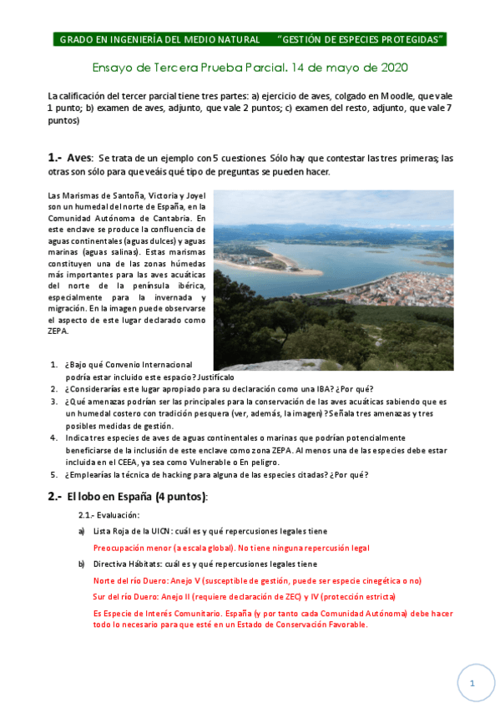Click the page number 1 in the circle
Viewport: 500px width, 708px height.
coord(472,683)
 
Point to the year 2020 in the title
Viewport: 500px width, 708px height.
coord(391,66)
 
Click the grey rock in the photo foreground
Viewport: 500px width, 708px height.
coord(275,355)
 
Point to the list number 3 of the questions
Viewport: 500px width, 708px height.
coord(53,402)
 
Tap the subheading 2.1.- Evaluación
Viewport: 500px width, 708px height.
coord(109,515)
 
